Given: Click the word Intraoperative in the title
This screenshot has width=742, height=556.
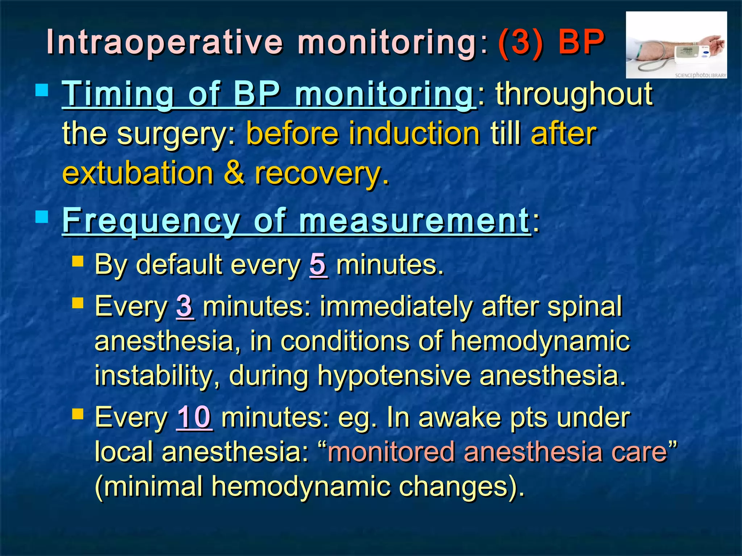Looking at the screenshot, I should [164, 43].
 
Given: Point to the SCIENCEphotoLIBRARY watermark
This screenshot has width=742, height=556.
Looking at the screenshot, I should [700, 75].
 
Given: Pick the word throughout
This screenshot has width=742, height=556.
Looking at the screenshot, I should [574, 94].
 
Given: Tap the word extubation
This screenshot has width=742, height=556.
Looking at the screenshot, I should [138, 173].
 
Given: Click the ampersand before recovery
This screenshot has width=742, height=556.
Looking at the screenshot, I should [234, 173].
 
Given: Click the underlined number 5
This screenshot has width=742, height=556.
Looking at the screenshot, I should [318, 265].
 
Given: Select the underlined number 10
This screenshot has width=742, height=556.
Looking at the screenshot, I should [194, 417].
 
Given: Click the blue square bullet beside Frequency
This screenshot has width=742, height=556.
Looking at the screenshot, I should [42, 217].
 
